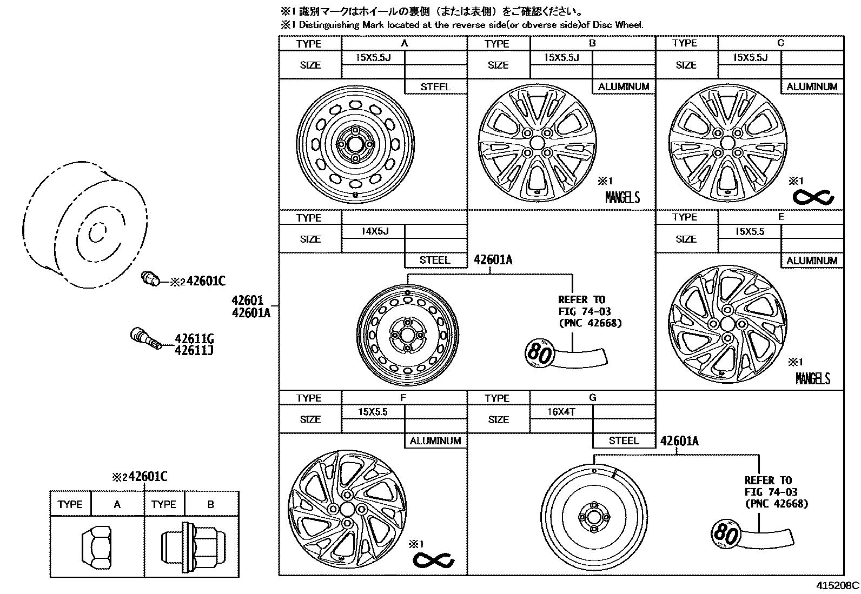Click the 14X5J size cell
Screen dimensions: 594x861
point(374,231)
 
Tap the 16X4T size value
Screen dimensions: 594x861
point(561,412)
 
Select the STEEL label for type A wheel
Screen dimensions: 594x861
point(435,86)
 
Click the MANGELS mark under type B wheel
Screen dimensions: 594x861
point(622,198)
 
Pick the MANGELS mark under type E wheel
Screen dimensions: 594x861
point(812,378)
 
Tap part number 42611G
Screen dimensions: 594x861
point(194,339)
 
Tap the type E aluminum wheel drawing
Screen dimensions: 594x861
point(727,324)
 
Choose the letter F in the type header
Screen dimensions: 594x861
point(403,398)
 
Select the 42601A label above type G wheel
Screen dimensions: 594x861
point(679,442)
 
